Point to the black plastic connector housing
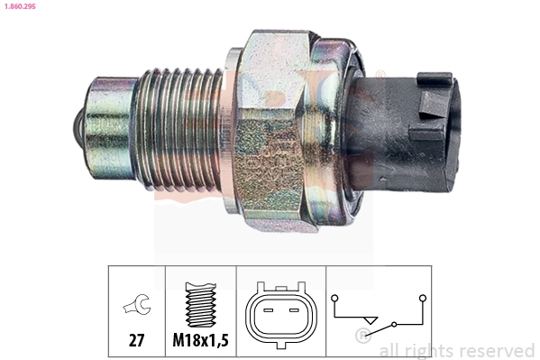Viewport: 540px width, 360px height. tap(401, 126)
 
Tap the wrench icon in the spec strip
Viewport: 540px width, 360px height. tap(136, 307)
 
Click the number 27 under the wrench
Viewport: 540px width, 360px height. tap(136, 341)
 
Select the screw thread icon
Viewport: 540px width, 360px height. tap(199, 308)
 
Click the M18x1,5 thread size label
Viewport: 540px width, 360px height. tap(199, 341)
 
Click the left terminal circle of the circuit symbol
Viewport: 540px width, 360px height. tap(335, 297)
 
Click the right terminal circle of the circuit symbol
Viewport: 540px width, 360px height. tap(421, 297)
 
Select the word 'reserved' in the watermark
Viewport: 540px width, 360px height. tap(495, 350)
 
